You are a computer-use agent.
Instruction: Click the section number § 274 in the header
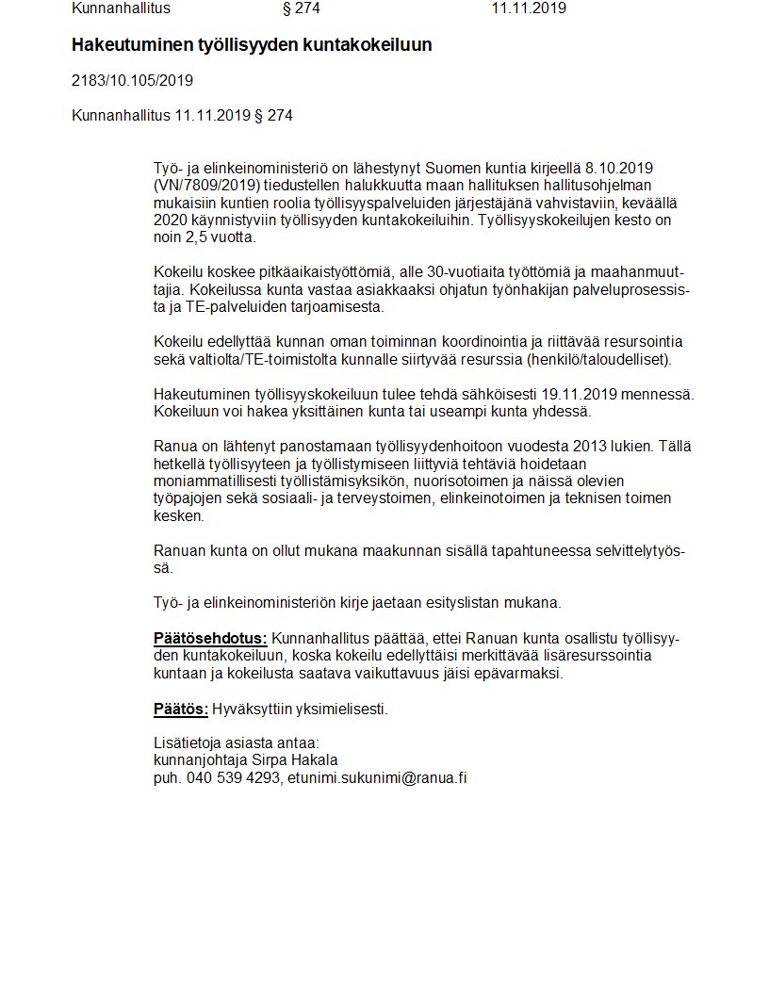302,8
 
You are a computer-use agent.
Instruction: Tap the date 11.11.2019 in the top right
529,8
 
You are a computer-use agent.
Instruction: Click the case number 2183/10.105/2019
132,80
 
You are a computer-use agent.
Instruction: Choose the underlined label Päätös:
180,709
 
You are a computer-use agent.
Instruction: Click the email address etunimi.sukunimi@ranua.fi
378,777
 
